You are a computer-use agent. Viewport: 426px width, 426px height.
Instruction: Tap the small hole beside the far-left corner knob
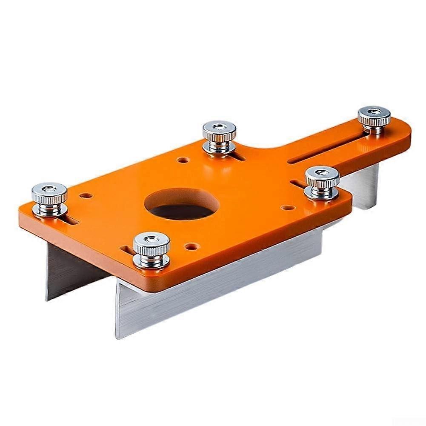tap(86, 196)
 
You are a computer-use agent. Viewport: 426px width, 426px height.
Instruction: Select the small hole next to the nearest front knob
tap(190, 246)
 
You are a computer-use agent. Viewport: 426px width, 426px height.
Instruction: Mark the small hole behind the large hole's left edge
tap(183, 160)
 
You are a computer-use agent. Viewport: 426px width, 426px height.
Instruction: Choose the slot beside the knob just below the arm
tap(299, 184)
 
